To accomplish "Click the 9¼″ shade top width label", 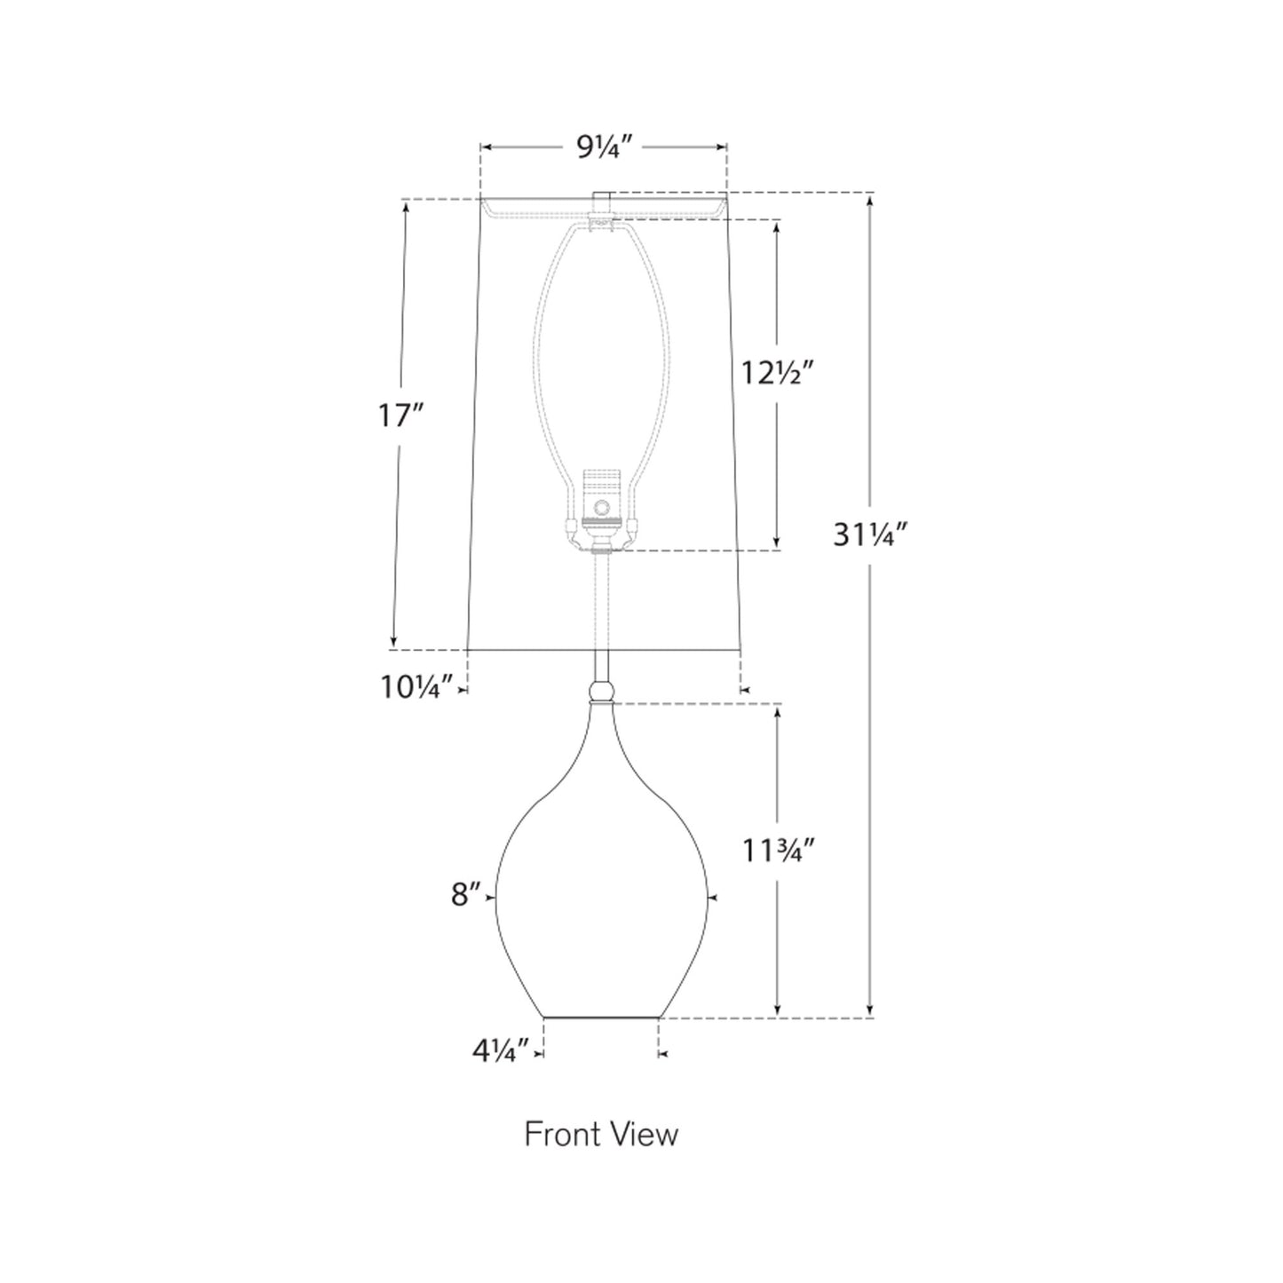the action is pos(598,148).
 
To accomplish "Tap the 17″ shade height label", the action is pos(400,416).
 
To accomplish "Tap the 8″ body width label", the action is pos(465,895).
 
